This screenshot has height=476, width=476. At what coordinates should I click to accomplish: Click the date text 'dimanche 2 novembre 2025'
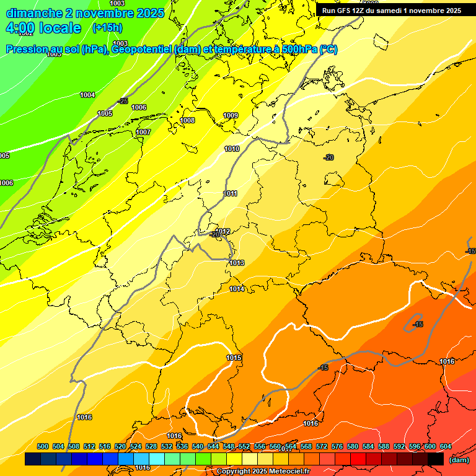tap(85, 13)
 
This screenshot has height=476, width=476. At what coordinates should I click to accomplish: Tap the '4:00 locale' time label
tap(43, 28)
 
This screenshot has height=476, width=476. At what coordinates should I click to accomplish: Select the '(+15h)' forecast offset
tap(107, 28)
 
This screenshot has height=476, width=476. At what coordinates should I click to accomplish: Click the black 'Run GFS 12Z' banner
tap(392, 11)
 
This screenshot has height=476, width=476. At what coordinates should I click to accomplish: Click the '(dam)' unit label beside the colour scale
tap(459, 460)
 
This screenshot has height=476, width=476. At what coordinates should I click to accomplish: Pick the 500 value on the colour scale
tap(43, 447)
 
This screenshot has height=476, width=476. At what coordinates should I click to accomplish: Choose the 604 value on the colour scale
tap(445, 447)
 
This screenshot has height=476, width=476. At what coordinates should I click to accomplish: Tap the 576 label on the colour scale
tap(337, 447)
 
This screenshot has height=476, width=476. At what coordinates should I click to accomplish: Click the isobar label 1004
tap(87, 95)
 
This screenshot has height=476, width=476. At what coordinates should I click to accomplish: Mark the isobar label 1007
tap(143, 132)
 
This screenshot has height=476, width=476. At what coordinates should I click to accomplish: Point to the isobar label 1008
tap(187, 120)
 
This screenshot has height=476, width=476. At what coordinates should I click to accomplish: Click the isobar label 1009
tap(231, 115)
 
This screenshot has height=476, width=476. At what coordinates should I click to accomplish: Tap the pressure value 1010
tap(232, 149)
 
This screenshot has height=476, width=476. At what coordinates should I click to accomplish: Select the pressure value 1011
tap(230, 193)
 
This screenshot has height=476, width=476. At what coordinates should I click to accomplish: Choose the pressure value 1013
tap(237, 263)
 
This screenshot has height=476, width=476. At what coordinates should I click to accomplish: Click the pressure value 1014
tap(237, 289)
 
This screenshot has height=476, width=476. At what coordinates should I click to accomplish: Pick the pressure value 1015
tap(234, 358)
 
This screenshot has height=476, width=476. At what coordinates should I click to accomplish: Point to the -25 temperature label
tap(123, 101)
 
